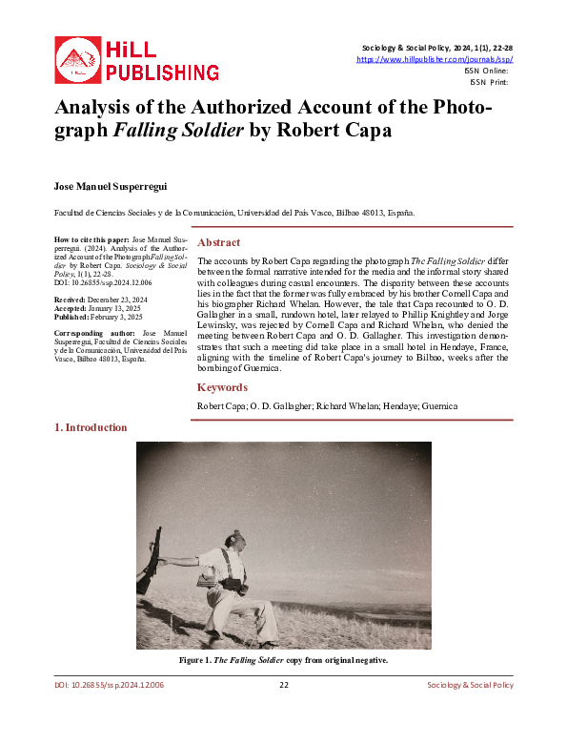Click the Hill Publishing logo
(136, 59)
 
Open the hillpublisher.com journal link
(434, 59)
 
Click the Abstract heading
(218, 242)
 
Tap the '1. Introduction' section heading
(91, 427)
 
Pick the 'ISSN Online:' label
(486, 71)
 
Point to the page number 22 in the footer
(283, 685)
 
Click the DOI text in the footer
(110, 685)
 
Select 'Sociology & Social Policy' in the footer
(468, 685)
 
